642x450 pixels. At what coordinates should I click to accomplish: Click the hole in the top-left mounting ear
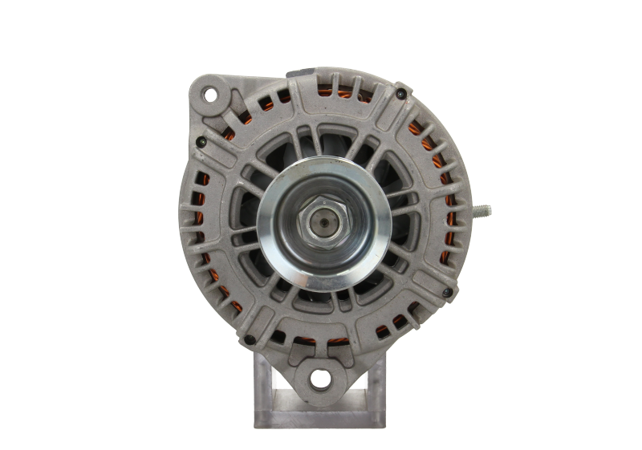(x=210, y=96)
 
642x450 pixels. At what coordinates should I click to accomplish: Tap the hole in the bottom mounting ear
(x=320, y=377)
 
